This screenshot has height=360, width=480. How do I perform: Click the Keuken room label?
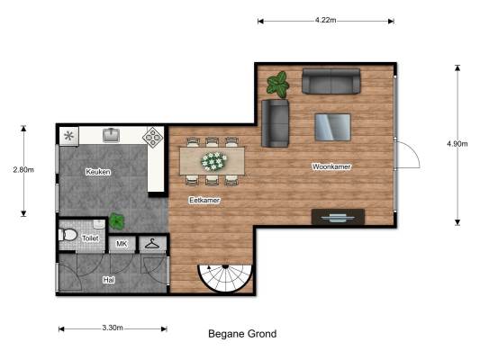tap(98, 172)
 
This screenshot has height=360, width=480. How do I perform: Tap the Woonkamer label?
tap(331, 166)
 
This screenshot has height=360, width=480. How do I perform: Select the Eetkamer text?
tap(204, 201)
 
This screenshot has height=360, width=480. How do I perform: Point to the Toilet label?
tap(90, 238)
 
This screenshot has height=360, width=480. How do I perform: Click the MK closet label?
tap(122, 244)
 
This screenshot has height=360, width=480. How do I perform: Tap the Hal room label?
tap(109, 280)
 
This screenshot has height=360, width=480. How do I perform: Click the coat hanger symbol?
tap(152, 244)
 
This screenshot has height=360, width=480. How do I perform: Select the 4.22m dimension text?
tap(326, 20)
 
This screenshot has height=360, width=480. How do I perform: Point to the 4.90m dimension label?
tap(457, 144)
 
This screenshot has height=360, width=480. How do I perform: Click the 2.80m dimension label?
tap(23, 169)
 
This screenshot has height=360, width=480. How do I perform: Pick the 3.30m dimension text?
tap(113, 328)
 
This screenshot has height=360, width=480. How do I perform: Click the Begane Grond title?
tap(242, 334)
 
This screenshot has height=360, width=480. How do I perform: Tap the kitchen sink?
tap(111, 135)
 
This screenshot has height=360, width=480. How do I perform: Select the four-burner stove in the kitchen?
tap(153, 138)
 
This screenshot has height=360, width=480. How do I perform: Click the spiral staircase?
tap(225, 277)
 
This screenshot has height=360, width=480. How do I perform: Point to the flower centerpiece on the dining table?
tap(213, 161)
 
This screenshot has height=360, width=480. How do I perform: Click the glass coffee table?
tap(332, 127)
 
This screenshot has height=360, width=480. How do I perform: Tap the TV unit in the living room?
tap(338, 217)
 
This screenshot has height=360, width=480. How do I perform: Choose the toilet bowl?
tap(68, 235)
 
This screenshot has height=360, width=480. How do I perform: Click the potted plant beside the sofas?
tap(277, 85)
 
